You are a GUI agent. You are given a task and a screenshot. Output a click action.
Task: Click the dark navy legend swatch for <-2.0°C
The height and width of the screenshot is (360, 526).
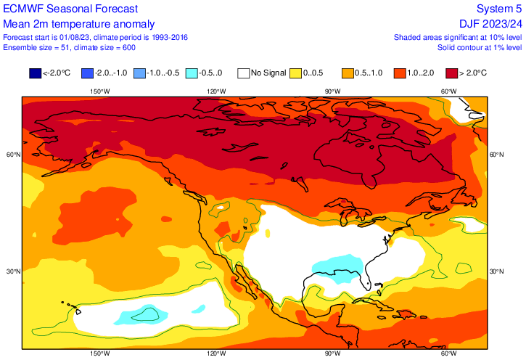(x=36, y=73)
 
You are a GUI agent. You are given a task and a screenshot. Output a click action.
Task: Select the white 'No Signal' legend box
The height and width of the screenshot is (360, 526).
(x=244, y=73)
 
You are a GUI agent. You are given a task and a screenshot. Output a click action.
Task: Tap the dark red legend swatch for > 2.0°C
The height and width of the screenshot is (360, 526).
(x=452, y=73)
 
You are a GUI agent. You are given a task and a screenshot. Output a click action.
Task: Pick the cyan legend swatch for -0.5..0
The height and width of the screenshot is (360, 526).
(x=192, y=73)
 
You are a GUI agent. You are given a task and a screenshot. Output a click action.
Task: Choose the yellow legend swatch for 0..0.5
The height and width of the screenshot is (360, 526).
(x=296, y=73)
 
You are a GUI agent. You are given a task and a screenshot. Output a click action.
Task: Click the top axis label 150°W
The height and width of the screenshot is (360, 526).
(x=99, y=91)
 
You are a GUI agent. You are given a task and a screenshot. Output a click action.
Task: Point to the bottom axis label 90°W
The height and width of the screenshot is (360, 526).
(x=332, y=353)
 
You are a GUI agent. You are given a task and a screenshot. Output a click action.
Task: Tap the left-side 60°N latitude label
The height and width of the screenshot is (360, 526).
(x=13, y=155)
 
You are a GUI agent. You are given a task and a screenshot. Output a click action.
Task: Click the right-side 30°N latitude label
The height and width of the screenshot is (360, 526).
(x=496, y=271)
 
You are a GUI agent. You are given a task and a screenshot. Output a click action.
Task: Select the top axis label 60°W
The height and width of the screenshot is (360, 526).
(x=448, y=91)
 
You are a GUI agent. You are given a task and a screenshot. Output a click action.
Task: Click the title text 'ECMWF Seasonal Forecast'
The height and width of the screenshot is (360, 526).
(x=70, y=9)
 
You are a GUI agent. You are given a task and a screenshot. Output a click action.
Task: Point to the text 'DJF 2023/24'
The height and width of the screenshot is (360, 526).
(x=490, y=24)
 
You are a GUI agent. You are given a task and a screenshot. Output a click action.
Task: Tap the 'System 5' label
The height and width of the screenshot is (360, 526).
(x=499, y=9)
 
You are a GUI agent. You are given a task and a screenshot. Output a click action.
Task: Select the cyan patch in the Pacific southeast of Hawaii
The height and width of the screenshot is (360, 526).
(x=143, y=316)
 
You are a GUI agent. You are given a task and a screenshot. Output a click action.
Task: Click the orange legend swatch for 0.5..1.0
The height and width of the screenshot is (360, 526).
(x=348, y=73)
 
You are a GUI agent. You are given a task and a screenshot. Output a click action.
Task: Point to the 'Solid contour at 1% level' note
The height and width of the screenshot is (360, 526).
(x=480, y=48)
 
